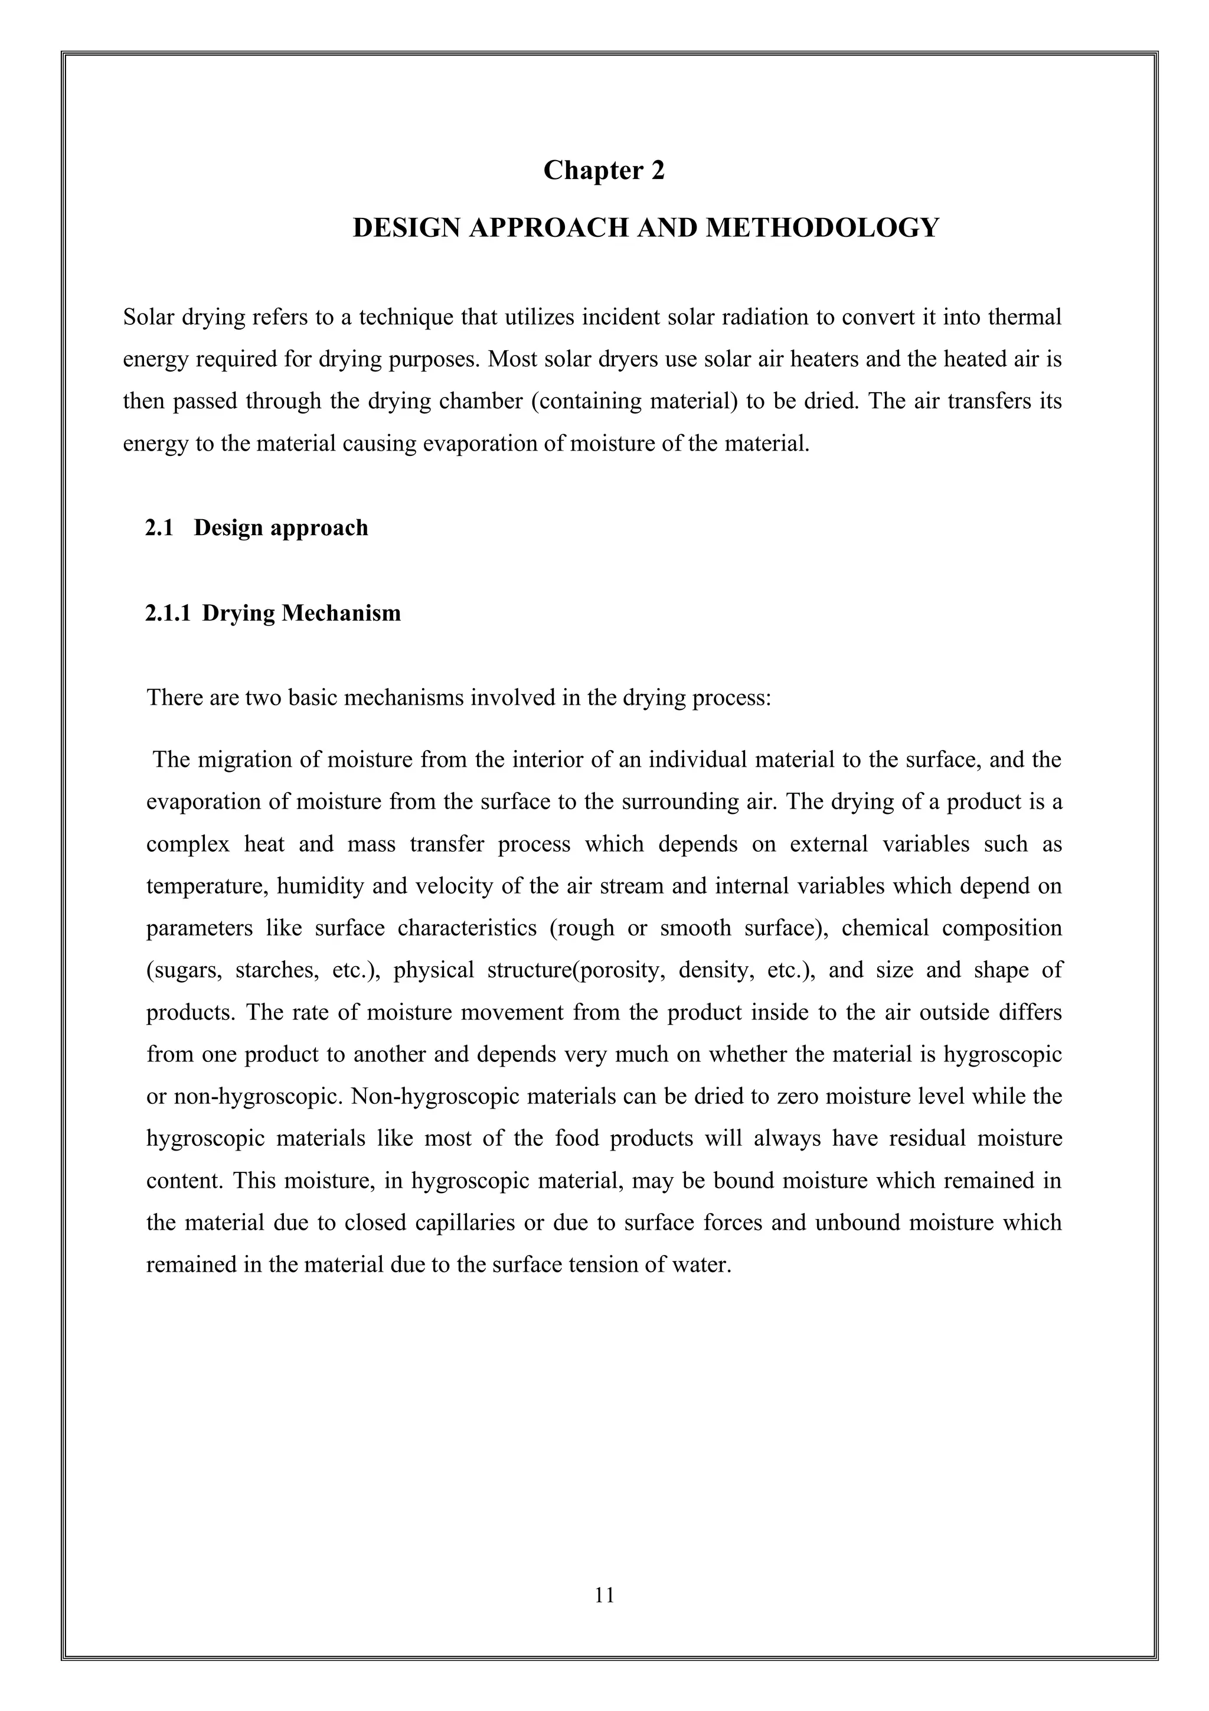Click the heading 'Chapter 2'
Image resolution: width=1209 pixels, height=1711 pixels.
coord(603,171)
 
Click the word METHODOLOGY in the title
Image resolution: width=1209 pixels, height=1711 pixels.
coord(822,227)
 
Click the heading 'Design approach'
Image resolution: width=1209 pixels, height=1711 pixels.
coord(281,527)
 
